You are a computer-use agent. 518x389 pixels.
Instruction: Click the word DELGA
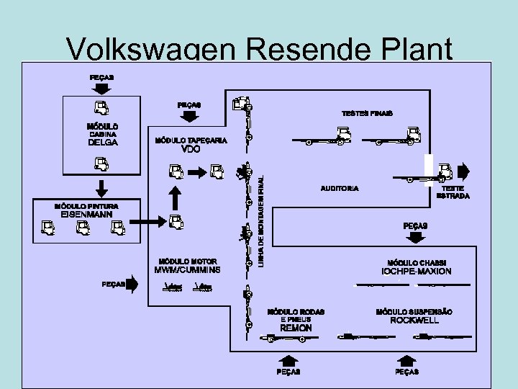(102, 143)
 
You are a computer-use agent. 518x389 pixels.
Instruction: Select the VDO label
(190, 149)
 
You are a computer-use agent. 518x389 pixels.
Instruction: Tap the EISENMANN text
(86, 214)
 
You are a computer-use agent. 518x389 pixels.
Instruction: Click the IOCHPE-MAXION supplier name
(416, 272)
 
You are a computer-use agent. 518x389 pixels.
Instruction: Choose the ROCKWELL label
(414, 320)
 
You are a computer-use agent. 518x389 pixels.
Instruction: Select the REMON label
(296, 328)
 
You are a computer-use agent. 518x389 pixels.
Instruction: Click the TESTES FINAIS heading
(367, 114)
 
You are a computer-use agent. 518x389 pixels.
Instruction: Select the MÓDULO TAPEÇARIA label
(190, 140)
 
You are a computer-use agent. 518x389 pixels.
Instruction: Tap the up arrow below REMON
(288, 357)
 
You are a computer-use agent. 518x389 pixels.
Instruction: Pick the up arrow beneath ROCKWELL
(406, 357)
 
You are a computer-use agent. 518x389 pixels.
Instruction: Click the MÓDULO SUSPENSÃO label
(414, 311)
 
